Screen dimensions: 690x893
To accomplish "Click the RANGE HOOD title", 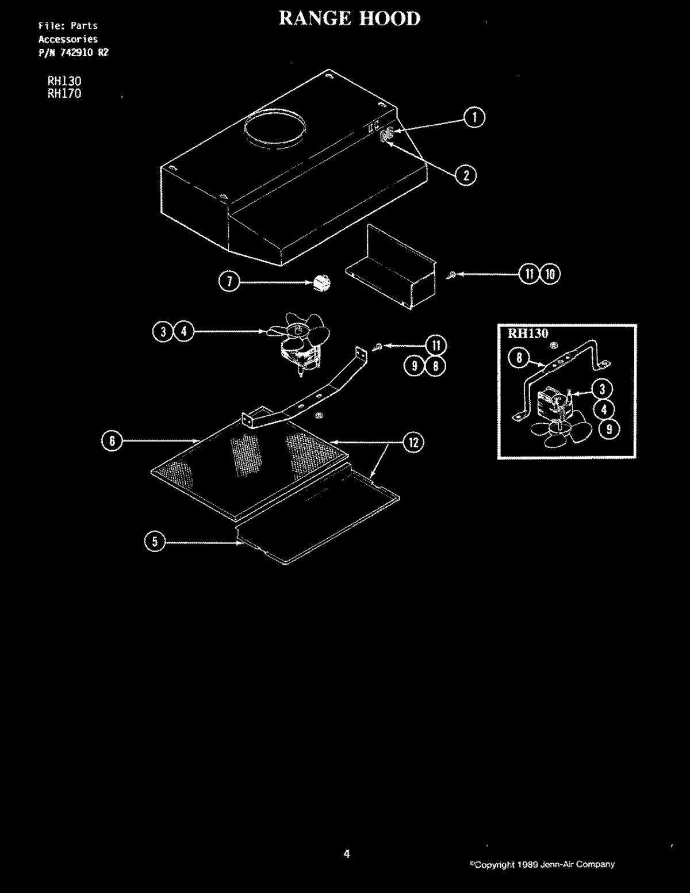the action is [350, 18].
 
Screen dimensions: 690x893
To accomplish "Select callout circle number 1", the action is [474, 117].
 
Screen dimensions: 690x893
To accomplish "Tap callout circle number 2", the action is [466, 175].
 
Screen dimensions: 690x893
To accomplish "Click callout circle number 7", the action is [229, 282].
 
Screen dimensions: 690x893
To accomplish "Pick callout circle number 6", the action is [112, 441].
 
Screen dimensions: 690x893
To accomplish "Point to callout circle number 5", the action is [155, 541].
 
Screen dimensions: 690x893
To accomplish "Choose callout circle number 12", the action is [413, 443].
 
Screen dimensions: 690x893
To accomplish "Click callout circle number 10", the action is [550, 274].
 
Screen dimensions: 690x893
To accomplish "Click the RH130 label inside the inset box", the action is [528, 334].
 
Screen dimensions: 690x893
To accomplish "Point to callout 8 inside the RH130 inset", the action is [519, 358].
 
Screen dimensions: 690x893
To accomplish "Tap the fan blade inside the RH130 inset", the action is [561, 432].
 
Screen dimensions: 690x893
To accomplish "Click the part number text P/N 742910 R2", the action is [74, 52].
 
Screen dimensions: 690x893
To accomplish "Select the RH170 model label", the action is [64, 94].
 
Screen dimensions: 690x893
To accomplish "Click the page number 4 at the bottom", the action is [347, 854].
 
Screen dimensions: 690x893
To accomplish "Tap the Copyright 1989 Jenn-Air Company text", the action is [542, 864].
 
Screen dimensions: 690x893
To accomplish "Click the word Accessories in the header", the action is [68, 40].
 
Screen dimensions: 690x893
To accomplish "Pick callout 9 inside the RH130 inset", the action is [609, 430].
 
